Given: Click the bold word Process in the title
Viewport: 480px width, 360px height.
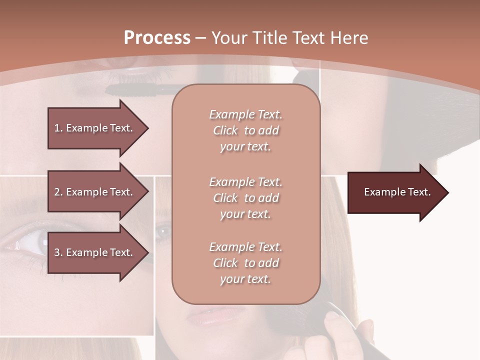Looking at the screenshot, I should point(157,38).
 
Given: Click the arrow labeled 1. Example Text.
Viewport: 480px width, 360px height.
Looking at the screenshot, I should point(95,128).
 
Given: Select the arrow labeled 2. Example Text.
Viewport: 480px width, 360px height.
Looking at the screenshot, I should point(95,192).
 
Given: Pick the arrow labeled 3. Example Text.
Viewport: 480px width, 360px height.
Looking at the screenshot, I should point(95,252).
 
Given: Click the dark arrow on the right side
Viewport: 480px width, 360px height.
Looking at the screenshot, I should point(395,192).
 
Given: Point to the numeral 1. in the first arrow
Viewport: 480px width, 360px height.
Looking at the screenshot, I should point(58,128).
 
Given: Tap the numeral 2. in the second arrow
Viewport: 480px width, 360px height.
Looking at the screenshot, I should point(58,192).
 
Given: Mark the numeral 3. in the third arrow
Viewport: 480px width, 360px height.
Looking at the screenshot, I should point(58,252).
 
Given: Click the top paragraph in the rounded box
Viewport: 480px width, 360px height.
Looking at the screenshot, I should point(245,130).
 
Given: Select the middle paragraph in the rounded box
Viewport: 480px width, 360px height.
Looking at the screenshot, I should point(245,198).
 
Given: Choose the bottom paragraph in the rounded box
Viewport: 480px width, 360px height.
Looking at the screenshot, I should point(245,263).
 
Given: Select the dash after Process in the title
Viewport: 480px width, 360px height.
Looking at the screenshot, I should point(201,38).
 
